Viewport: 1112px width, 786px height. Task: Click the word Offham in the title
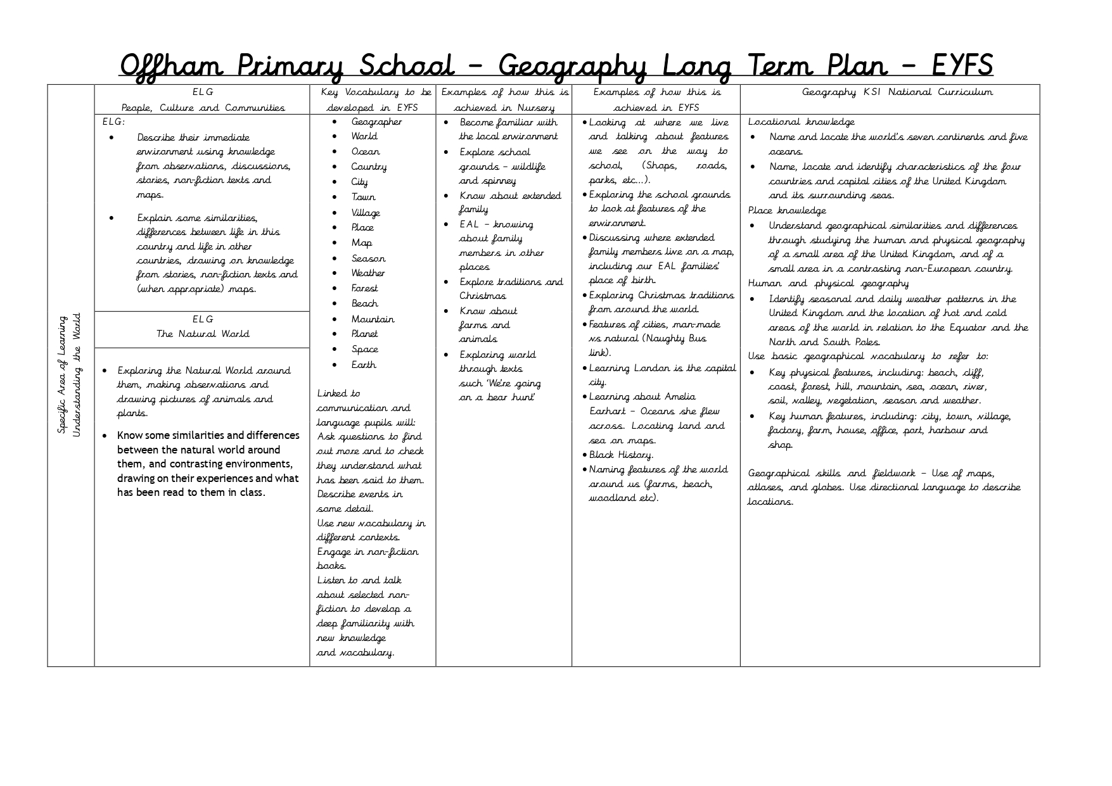click(x=170, y=66)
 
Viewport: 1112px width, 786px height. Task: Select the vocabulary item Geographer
click(x=376, y=122)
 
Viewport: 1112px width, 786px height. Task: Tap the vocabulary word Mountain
click(x=373, y=319)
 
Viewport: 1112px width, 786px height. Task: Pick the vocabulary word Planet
click(x=364, y=334)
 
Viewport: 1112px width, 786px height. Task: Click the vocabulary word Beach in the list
click(x=364, y=303)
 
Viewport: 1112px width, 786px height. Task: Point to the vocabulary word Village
click(x=366, y=213)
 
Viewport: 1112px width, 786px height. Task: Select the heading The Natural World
click(x=203, y=334)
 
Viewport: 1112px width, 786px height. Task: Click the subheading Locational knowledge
click(x=801, y=122)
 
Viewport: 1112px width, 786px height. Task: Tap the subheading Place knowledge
click(x=787, y=210)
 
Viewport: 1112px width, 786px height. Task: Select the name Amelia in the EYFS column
click(x=680, y=396)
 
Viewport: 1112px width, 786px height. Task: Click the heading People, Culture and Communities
click(x=203, y=108)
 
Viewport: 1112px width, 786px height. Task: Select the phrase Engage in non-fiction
click(x=367, y=552)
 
